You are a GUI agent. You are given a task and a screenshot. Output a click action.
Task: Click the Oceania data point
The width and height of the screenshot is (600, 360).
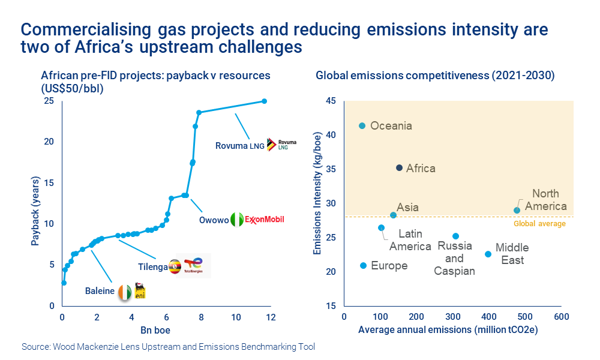click(362, 125)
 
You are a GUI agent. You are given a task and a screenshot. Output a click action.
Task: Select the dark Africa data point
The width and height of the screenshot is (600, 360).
click(399, 167)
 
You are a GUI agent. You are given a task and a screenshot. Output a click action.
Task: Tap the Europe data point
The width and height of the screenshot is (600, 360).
click(363, 265)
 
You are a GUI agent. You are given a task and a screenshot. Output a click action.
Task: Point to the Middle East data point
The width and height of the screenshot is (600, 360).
click(488, 254)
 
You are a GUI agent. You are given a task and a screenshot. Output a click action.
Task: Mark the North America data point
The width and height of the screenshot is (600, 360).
click(517, 210)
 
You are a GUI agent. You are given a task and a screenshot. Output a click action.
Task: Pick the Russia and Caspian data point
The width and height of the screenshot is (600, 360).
click(455, 236)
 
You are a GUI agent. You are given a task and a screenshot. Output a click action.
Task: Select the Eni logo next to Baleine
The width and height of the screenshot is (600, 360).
click(140, 291)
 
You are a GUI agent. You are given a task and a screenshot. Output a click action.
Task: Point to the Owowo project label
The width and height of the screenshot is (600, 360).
click(214, 220)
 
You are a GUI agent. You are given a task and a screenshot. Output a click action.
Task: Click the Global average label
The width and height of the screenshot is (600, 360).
click(540, 224)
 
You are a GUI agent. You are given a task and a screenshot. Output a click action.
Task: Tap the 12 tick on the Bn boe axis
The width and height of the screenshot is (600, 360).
click(271, 317)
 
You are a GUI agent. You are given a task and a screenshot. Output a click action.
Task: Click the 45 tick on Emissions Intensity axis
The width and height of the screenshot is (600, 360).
click(331, 100)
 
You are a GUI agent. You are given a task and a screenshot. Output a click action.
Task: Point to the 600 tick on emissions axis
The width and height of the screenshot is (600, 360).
click(561, 316)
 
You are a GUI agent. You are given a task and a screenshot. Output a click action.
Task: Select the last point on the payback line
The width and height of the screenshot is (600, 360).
click(264, 101)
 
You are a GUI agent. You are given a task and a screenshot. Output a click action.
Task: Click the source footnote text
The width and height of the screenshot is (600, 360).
click(168, 347)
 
